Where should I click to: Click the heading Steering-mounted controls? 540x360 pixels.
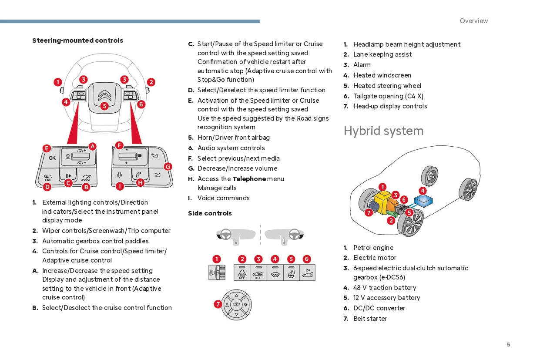click(77, 40)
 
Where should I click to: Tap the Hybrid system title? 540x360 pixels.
click(383, 131)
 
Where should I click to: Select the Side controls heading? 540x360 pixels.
click(210, 213)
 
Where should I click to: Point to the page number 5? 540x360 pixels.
click(508, 345)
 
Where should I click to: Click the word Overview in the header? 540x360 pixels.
click(474, 21)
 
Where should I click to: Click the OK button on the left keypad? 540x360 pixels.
click(52, 158)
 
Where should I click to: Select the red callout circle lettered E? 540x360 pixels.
click(47, 148)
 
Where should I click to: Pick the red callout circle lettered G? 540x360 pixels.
click(168, 166)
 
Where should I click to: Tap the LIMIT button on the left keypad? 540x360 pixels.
click(48, 177)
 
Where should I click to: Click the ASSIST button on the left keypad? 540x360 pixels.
click(86, 177)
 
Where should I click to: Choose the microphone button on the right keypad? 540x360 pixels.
click(120, 175)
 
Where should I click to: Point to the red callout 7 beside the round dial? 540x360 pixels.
click(218, 304)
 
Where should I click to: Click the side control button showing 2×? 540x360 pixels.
click(307, 273)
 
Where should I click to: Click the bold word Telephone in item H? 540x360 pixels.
click(249, 179)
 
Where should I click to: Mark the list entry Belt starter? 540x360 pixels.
click(370, 319)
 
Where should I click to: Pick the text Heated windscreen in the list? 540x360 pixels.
click(382, 75)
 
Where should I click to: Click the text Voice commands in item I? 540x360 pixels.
click(223, 198)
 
